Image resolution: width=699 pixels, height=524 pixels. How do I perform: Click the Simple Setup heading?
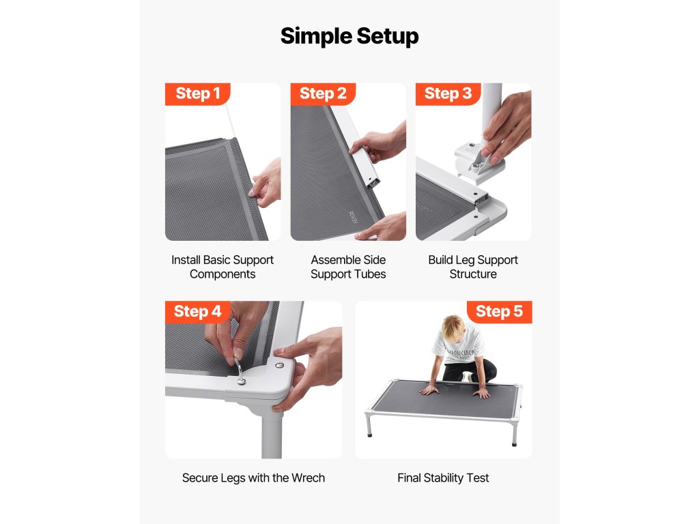coord(349,36)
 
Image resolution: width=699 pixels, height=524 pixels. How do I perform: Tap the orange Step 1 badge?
coord(197,93)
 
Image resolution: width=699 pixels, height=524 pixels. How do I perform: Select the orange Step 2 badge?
coord(323,93)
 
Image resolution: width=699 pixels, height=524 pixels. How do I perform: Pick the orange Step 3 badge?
coord(448,93)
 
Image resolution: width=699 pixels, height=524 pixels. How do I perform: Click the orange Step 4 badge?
coord(197,311)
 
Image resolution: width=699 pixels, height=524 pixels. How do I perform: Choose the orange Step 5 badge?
coord(499,311)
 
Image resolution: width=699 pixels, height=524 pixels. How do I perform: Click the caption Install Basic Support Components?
coord(223,267)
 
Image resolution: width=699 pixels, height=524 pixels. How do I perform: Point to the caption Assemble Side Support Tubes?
coord(348,267)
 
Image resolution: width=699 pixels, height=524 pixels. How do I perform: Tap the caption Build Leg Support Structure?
coord(473,267)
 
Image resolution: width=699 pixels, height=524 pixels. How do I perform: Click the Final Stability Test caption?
coord(443,478)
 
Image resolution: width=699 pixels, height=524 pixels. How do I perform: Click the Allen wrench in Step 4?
coord(240,370)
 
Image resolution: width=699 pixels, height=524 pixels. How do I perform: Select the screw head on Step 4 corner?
coord(279,365)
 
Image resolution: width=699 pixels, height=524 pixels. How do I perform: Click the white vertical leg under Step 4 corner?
coord(272,433)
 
